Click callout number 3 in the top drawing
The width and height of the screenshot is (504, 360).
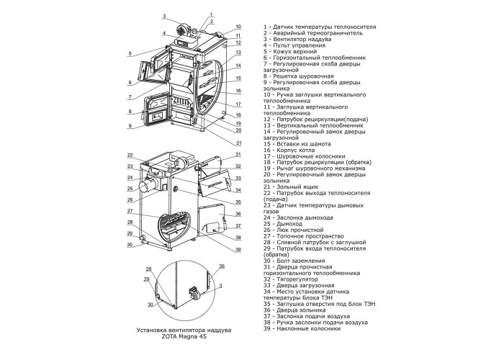coord(164,16)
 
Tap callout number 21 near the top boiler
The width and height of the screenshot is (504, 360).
coord(238,143)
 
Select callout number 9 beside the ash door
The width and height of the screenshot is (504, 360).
coord(130,126)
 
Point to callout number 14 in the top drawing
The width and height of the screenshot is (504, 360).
coord(238,66)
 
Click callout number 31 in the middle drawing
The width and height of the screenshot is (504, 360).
coord(238,154)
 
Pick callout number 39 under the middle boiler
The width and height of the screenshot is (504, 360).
coord(238,250)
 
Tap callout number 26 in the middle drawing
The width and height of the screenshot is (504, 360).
coord(130,199)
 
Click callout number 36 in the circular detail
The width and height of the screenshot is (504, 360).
coord(222,266)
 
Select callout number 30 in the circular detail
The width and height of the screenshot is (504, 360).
coord(150,305)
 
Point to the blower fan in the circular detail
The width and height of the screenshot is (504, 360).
coord(194,292)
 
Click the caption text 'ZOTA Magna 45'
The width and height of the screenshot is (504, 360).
coord(184,336)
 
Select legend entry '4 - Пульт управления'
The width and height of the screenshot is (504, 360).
coord(294,45)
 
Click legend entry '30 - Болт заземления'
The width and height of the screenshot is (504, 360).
coord(294,261)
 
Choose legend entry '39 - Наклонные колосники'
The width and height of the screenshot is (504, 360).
coord(302,328)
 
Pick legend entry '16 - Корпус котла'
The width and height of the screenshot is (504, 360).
coord(289,150)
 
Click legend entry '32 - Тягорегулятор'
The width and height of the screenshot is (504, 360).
coord(291,279)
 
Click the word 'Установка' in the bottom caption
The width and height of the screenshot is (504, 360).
coord(150,330)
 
